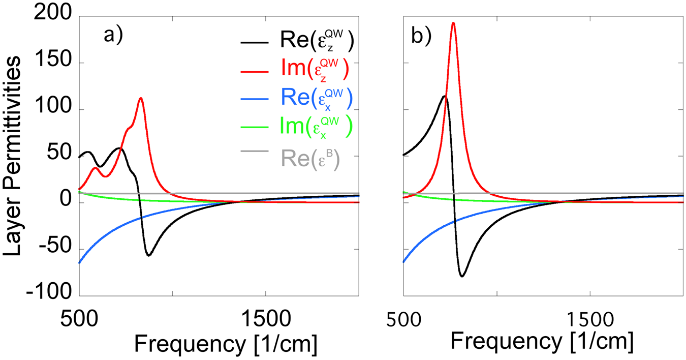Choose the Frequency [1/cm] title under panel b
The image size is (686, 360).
(x=542, y=342)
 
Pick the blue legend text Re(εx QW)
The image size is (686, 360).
(x=316, y=99)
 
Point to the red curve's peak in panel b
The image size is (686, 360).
(x=453, y=23)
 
